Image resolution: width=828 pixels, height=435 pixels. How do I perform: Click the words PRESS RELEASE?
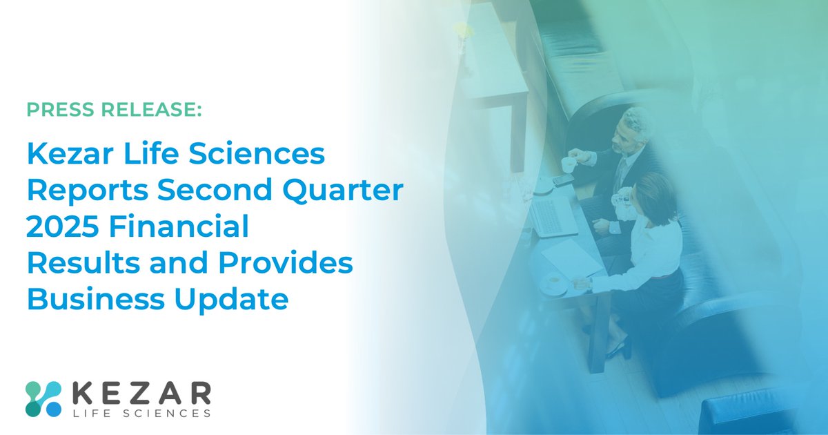(x=115, y=109)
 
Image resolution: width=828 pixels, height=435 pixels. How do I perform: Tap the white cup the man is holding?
(x=568, y=164)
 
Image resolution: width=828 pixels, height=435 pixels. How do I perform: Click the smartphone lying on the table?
(x=562, y=180)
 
